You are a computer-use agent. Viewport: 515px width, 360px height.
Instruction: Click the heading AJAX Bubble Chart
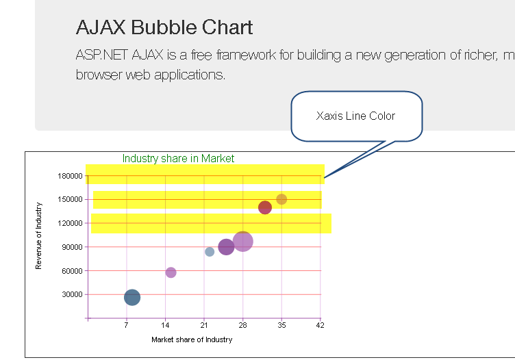164,27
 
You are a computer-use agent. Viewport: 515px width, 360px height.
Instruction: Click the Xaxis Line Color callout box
356,116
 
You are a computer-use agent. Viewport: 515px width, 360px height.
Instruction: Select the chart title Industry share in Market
178,159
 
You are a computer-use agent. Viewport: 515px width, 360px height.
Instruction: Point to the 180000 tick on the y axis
68,176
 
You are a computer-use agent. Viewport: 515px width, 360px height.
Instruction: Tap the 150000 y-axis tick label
68,199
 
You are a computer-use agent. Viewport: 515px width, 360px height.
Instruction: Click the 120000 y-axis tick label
68,223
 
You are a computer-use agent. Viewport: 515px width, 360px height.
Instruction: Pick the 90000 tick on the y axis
71,247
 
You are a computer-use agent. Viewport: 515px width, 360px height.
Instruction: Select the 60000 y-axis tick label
71,271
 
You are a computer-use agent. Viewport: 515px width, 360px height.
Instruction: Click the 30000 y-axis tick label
71,295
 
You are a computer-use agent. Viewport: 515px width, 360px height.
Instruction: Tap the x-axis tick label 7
126,326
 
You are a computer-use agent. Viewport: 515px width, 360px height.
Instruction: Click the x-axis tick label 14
165,326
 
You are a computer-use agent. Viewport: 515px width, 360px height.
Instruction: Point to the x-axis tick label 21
204,326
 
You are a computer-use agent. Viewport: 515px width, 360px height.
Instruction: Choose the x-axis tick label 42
321,326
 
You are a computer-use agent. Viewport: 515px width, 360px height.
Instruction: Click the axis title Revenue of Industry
39,235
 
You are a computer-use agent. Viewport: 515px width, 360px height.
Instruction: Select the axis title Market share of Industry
192,339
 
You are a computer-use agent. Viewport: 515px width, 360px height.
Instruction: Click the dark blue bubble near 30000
132,297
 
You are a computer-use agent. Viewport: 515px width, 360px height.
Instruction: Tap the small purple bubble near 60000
171,272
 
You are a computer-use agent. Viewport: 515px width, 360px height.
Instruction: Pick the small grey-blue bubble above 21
210,252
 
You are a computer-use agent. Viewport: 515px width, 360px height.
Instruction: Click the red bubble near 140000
265,207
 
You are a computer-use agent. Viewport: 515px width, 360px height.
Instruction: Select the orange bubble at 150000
281,199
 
